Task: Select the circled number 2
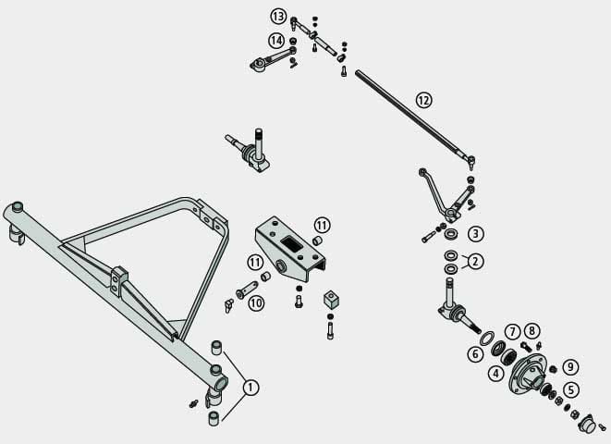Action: click(475, 261)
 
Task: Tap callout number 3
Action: click(475, 234)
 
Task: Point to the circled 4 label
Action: click(496, 374)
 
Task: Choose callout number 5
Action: click(572, 389)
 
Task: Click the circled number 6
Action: click(475, 353)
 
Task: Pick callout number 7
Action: click(511, 331)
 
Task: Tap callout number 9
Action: click(571, 367)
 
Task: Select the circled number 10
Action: click(256, 302)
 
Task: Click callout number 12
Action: click(423, 99)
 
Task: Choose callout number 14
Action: click(276, 41)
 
